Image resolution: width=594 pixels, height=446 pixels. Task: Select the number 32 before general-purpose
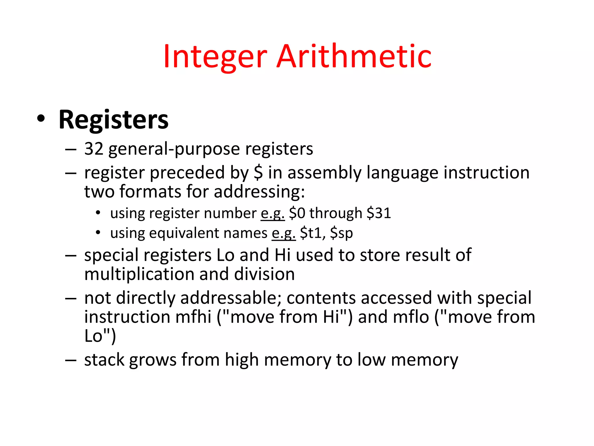(94, 149)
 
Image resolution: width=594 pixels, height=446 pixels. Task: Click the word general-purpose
(174, 149)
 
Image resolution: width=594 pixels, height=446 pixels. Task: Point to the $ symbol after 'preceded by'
(258, 172)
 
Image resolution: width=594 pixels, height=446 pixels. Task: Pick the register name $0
(297, 213)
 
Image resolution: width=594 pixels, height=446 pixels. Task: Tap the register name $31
(379, 213)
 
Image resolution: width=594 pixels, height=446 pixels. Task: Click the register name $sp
(341, 233)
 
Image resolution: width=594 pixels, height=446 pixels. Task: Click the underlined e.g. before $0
(272, 214)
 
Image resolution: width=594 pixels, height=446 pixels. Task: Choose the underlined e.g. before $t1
(283, 233)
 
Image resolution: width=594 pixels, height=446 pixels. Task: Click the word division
(264, 274)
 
